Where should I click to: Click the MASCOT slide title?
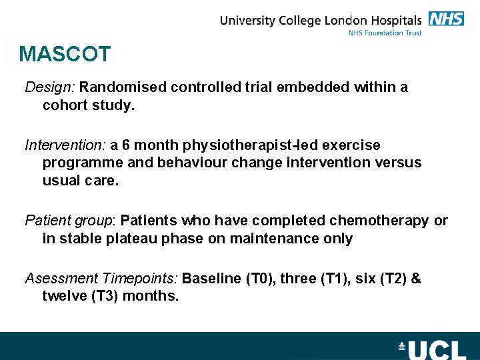click(x=65, y=54)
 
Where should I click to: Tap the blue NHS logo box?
click(x=446, y=19)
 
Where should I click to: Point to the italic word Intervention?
click(x=65, y=145)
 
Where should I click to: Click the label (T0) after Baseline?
click(x=260, y=279)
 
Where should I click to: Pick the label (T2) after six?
click(x=393, y=279)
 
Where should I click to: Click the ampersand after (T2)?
click(x=417, y=279)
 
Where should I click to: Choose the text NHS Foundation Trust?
click(x=385, y=33)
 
